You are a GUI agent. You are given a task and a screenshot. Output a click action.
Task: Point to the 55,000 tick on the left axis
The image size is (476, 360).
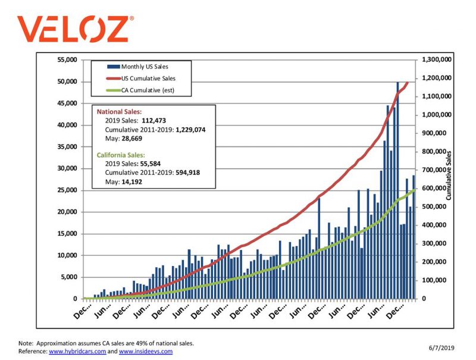(66, 60)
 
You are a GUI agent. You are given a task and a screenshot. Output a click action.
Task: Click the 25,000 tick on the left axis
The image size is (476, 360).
(66, 190)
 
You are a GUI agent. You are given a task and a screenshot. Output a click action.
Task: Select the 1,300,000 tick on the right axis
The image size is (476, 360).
(437, 60)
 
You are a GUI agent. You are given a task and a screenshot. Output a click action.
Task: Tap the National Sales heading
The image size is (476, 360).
(119, 111)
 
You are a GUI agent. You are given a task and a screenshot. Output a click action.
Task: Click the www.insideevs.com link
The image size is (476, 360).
(146, 351)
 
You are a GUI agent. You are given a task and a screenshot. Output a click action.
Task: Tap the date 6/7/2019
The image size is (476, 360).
(441, 348)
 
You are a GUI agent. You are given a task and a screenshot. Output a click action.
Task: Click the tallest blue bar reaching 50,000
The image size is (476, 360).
(397, 190)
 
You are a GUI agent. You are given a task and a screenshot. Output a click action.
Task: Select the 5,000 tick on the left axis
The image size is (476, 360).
(68, 277)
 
